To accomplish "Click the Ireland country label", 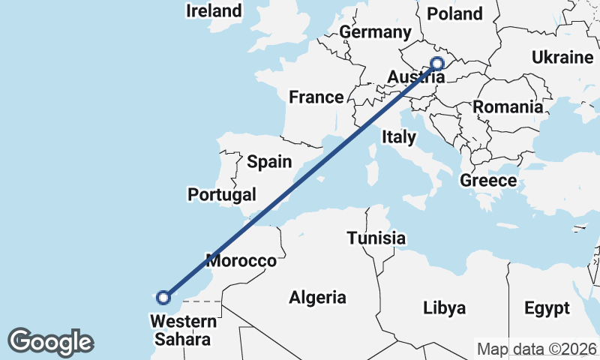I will (x=214, y=11).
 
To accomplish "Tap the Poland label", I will (x=454, y=13).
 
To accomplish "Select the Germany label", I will (x=375, y=32).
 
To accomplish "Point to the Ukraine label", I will (x=562, y=58).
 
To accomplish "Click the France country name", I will (x=316, y=97).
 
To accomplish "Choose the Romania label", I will (x=508, y=107).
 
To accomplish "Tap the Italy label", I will (x=398, y=137).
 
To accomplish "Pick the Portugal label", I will (x=222, y=195).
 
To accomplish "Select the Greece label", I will (x=488, y=181).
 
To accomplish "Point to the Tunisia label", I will (x=376, y=239).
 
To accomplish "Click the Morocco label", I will (x=241, y=262).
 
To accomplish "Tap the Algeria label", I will (x=318, y=298).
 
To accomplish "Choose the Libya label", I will (x=445, y=308).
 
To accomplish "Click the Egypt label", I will (x=547, y=308).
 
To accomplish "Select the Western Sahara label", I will (x=183, y=331).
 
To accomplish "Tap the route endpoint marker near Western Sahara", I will (x=163, y=298).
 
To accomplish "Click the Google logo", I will (x=50, y=342).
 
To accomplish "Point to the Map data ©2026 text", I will (x=537, y=349).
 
